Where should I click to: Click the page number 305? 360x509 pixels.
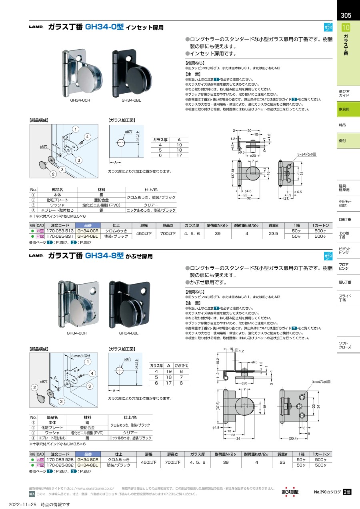(346, 16)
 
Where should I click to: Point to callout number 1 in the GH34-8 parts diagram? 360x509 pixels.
(87, 362)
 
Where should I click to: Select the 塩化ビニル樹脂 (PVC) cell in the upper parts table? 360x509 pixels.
(99, 205)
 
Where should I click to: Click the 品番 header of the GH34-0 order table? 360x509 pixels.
(88, 225)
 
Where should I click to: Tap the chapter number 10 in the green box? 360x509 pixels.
(346, 28)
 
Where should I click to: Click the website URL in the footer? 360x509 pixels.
(90, 488)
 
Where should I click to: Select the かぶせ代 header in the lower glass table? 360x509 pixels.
(181, 366)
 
